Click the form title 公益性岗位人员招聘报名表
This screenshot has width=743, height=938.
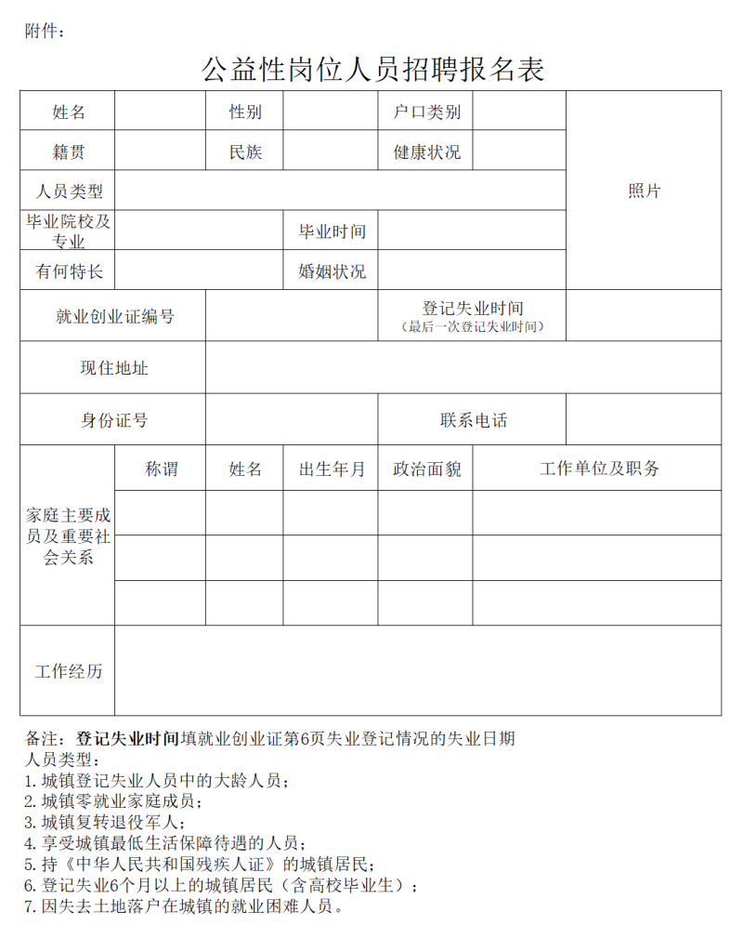[372, 70]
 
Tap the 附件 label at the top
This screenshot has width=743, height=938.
[45, 32]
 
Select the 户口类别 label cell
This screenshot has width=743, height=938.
[426, 112]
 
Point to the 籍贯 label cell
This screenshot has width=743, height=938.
[69, 152]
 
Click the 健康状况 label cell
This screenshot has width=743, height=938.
[426, 152]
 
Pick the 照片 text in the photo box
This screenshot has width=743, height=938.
[644, 191]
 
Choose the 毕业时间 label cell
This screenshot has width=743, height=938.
[332, 231]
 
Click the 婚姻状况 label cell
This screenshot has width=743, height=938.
[332, 271]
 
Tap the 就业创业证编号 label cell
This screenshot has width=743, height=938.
[114, 316]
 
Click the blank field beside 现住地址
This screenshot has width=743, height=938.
[463, 368]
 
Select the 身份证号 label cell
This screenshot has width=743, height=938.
[114, 420]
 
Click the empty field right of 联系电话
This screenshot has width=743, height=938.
[643, 420]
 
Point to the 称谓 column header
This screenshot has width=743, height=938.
[161, 469]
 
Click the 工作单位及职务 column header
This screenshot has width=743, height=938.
[598, 469]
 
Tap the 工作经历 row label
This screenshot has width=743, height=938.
[69, 671]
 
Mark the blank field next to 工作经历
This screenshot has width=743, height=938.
[418, 671]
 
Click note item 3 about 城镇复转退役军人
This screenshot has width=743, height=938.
[105, 822]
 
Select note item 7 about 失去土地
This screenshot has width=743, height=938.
[184, 905]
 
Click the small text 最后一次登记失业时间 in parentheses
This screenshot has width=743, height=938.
[472, 326]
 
